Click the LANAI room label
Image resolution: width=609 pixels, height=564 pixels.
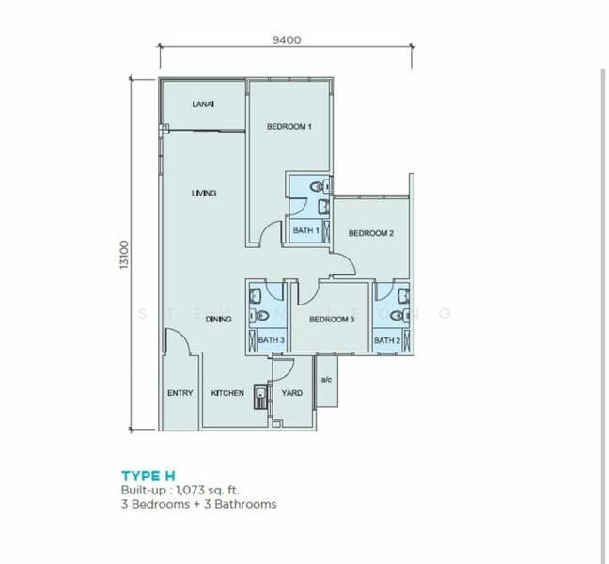pyautogui.click(x=203, y=104)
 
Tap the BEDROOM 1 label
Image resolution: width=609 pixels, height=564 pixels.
pyautogui.click(x=289, y=126)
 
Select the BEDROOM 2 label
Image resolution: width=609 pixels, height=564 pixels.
pyautogui.click(x=371, y=233)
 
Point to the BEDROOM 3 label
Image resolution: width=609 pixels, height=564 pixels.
pyautogui.click(x=332, y=320)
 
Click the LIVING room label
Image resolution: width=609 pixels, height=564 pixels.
pyautogui.click(x=204, y=193)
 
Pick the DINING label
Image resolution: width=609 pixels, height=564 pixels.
pyautogui.click(x=218, y=319)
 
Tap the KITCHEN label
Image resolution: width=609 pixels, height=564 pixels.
pyautogui.click(x=227, y=393)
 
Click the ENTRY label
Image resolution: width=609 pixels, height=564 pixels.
pyautogui.click(x=180, y=393)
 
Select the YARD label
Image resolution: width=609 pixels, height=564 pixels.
pyautogui.click(x=291, y=393)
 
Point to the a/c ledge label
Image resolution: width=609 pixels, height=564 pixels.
pyautogui.click(x=327, y=379)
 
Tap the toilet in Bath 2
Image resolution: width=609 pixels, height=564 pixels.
pyautogui.click(x=399, y=315)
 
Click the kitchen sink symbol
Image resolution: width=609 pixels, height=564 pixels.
pyautogui.click(x=260, y=397)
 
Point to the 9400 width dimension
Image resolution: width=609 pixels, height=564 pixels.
pyautogui.click(x=287, y=40)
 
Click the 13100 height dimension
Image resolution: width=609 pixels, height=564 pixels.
pyautogui.click(x=124, y=255)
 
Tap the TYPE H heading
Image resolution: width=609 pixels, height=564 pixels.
pyautogui.click(x=148, y=476)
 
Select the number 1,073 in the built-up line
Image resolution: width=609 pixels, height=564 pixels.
pyautogui.click(x=190, y=490)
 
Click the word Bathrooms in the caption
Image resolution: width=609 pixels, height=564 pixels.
pyautogui.click(x=245, y=504)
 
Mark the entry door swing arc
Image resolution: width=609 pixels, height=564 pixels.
pyautogui.click(x=182, y=335)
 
